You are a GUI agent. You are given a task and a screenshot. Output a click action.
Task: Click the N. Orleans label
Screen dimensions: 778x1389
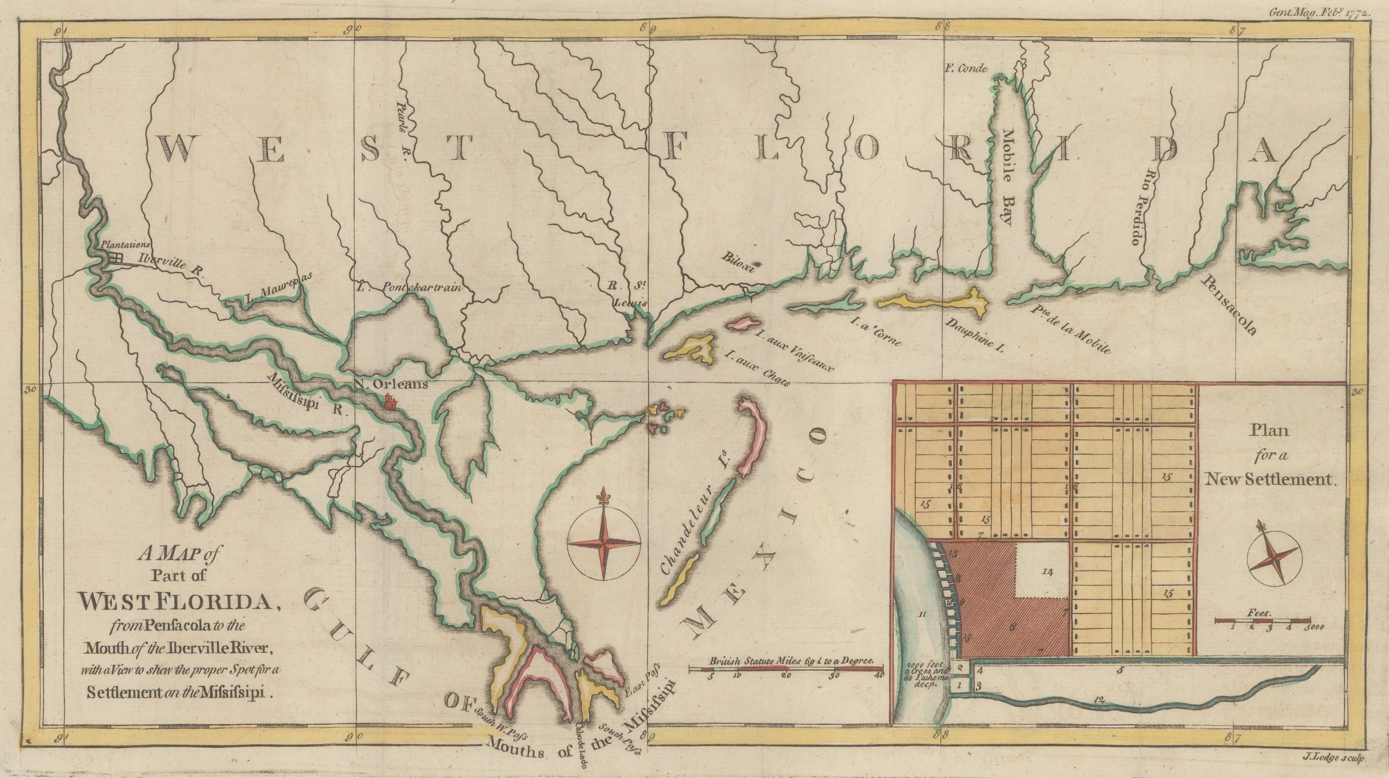coord(391,384)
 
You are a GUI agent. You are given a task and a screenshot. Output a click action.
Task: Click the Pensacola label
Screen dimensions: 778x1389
coord(1230,304)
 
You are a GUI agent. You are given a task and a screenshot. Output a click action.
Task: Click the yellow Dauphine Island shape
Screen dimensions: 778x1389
coord(932,303)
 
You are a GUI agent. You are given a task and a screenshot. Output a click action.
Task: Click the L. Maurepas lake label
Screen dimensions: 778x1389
coord(278,288)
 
